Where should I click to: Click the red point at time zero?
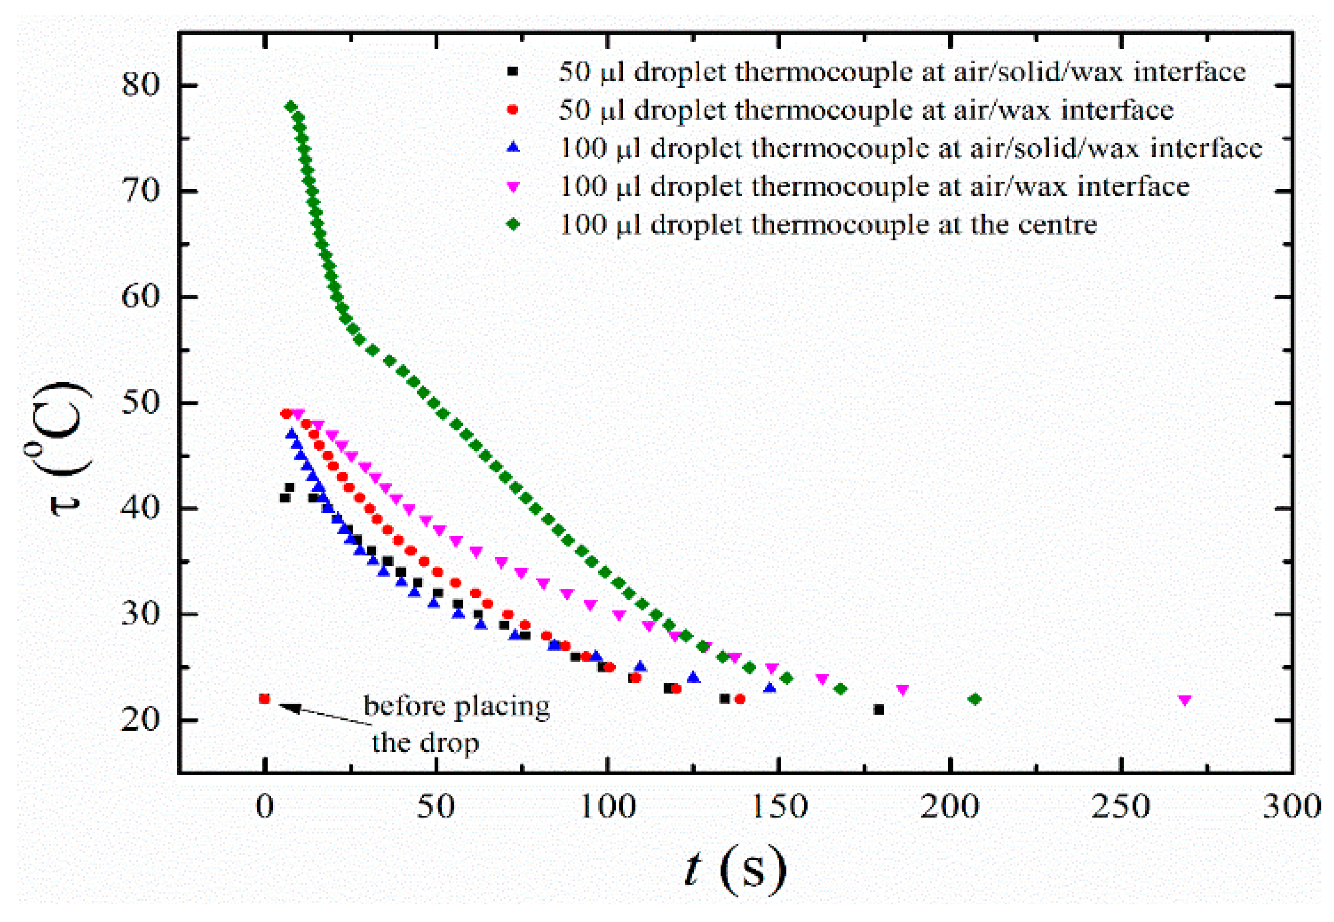[264, 699]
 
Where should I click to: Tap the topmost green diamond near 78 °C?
[291, 107]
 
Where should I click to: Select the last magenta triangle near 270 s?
[1185, 700]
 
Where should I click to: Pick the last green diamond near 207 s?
[975, 700]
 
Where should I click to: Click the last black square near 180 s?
[879, 710]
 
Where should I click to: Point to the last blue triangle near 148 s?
[769, 687]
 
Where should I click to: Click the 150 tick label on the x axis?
[779, 806]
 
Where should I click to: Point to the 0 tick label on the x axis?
[264, 806]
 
